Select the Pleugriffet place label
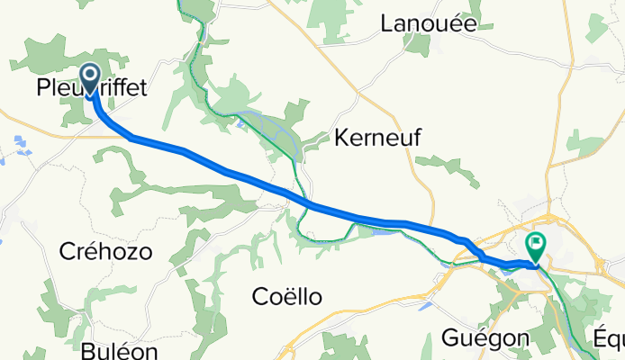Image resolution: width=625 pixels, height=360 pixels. (91, 88)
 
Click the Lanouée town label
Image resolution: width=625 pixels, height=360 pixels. (429, 23)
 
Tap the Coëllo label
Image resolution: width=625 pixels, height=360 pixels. (286, 296)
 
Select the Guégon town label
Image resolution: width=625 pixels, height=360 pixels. (486, 337)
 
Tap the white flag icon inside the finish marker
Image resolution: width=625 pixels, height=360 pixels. (537, 241)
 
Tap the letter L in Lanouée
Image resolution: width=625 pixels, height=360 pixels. (388, 23)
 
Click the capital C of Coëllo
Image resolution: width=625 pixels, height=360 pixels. (259, 296)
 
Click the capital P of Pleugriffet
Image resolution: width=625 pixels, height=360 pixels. (42, 88)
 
